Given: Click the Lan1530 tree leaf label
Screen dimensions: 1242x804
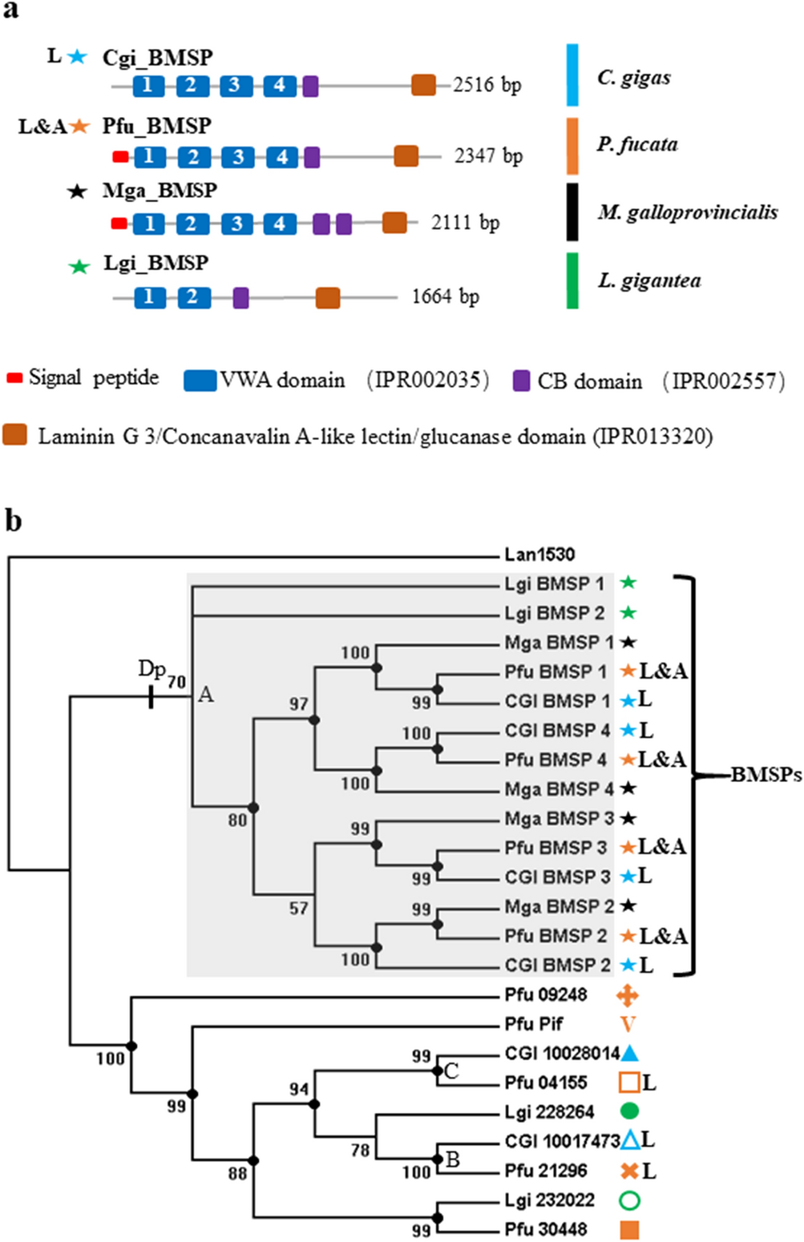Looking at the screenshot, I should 539,554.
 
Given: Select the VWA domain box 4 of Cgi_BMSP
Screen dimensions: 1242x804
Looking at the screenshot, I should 279,85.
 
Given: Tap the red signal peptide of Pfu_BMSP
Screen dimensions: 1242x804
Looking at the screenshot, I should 120,156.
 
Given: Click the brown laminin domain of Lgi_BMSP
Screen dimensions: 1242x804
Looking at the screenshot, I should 327,298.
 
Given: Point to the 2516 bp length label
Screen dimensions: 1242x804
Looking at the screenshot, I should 487,85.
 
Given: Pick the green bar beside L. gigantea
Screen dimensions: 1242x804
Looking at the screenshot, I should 572,280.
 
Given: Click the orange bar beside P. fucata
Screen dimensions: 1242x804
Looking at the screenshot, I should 572,146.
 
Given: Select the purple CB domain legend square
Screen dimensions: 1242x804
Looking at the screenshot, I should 521,381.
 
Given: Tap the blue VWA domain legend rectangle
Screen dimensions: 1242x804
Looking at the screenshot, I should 200,380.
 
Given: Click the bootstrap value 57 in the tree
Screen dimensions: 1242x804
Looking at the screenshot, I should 298,908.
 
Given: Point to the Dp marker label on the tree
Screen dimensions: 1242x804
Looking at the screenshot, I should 152,668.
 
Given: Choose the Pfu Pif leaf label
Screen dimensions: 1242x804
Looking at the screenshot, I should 534,1023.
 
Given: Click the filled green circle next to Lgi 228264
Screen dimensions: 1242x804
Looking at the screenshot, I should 629,1111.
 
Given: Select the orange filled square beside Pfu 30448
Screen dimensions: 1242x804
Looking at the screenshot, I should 629,1229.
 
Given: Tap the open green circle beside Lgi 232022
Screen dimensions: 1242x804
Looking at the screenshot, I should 629,1200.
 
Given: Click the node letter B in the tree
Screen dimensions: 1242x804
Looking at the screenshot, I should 452,1159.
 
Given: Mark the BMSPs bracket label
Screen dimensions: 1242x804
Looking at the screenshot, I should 766,775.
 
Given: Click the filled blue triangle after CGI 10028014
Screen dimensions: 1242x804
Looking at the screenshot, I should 629,1053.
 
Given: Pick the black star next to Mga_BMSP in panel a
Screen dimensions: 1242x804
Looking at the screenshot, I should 77,192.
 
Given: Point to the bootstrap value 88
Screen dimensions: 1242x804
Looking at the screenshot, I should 237,1174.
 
